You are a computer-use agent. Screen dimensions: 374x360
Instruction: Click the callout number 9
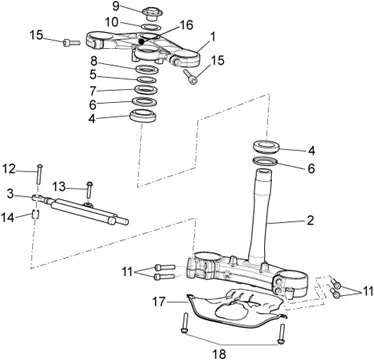tap(116, 6)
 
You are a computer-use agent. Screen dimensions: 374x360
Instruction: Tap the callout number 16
tap(186, 26)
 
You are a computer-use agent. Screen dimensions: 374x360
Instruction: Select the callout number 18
tap(219, 354)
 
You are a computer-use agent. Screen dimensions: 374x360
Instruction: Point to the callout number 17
tap(159, 302)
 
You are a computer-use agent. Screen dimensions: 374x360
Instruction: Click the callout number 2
tap(310, 220)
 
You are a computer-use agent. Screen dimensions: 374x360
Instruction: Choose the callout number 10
tap(112, 22)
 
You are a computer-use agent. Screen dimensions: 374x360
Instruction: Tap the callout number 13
tap(59, 188)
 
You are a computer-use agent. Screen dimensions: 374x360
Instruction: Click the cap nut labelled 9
tap(152, 14)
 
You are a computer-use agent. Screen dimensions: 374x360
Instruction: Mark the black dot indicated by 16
tap(141, 42)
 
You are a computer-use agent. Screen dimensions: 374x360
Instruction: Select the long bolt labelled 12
tap(40, 174)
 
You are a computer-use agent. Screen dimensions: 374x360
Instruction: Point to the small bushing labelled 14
tap(36, 214)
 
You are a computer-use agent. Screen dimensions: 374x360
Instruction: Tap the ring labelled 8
tap(146, 69)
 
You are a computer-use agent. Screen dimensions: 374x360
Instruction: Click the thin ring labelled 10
tap(152, 26)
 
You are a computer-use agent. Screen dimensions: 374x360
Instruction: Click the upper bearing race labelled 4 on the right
tap(266, 147)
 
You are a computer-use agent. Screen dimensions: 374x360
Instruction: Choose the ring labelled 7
tap(146, 89)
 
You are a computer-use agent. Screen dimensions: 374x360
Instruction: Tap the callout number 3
tap(11, 194)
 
